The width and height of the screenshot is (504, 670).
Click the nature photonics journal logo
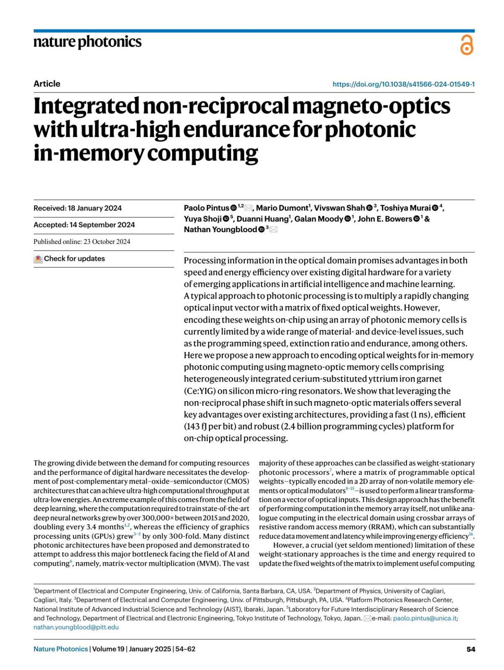coord(87,42)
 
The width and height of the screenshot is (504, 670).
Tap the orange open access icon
coord(467,45)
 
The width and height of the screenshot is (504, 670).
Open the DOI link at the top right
coord(403,84)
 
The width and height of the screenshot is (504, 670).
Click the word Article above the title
coord(47,84)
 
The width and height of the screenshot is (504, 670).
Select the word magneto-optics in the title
coord(371,106)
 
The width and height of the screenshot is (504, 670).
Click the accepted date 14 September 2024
coord(102,225)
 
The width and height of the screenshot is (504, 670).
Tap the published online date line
coord(82,242)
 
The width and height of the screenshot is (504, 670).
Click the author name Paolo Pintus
coord(207,208)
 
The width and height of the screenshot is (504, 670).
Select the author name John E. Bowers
coord(385,219)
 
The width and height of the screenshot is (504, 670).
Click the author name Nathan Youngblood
coord(220,230)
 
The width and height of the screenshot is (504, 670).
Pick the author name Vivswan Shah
coord(340,208)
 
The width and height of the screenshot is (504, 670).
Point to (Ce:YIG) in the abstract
coord(199,391)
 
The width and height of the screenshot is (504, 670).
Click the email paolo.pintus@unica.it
coord(425,618)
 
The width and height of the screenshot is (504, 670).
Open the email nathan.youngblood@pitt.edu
coord(76,628)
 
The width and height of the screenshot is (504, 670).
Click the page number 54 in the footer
coord(471,649)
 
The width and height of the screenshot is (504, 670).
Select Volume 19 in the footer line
coord(108,649)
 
